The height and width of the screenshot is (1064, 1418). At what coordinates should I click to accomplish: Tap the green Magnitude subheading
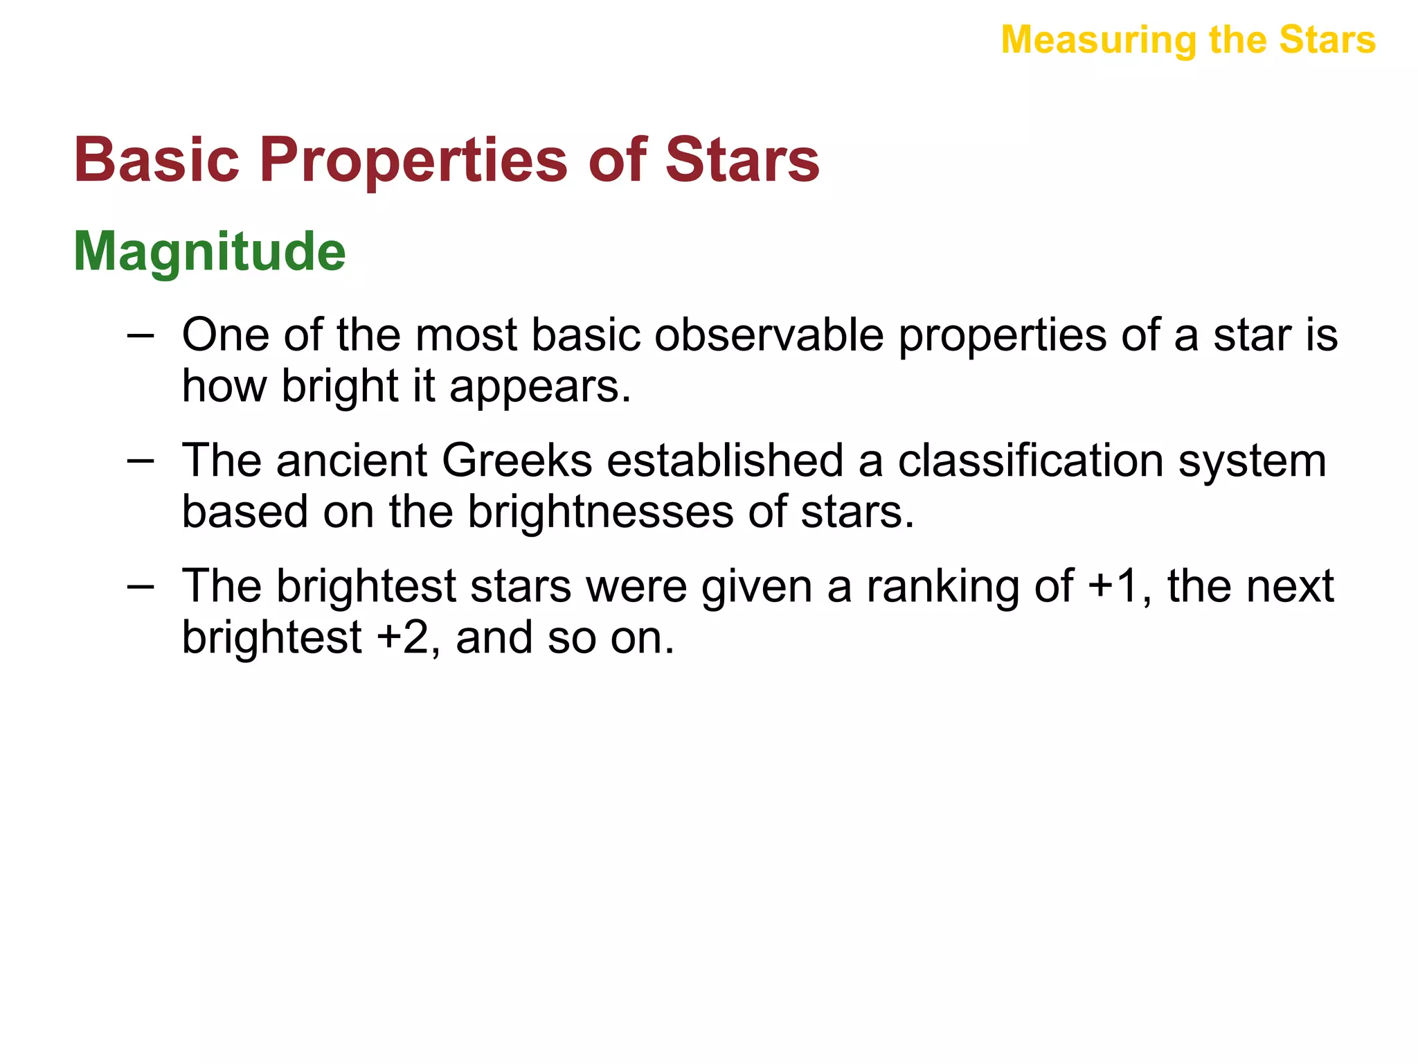(209, 251)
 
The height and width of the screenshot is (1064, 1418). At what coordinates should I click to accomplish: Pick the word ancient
(352, 461)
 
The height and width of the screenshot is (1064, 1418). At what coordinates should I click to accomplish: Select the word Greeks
(517, 461)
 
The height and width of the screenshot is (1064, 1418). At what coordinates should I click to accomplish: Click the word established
(725, 461)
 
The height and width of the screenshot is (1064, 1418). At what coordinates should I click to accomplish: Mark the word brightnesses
(600, 513)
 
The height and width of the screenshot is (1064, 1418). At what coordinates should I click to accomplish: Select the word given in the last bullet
(756, 587)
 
